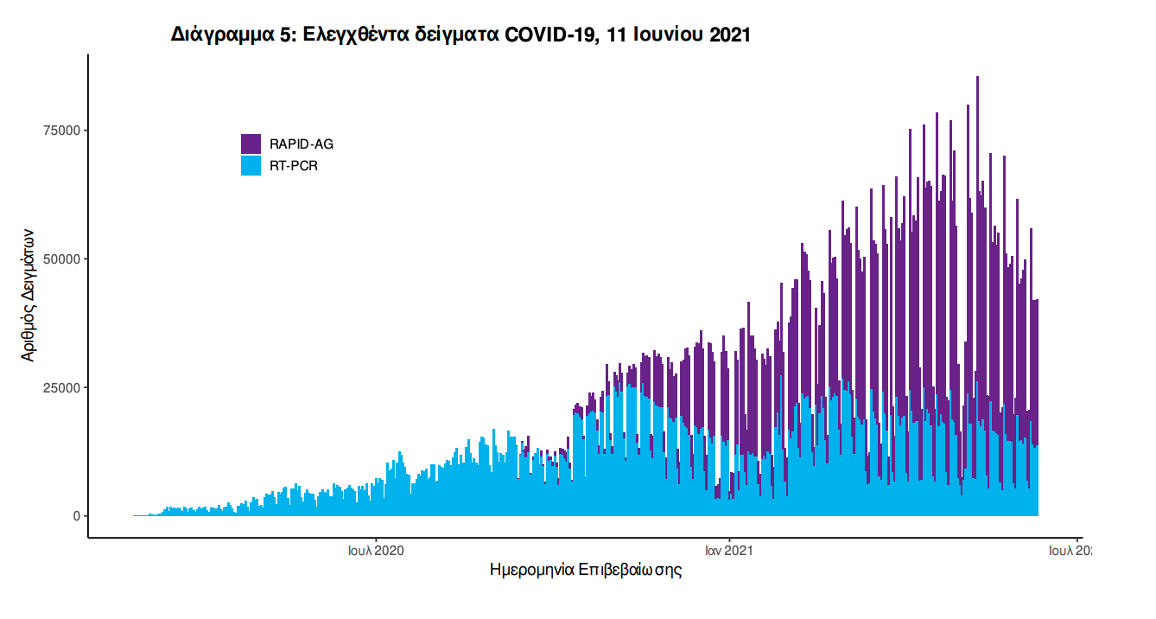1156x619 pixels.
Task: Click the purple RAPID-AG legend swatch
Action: (251, 144)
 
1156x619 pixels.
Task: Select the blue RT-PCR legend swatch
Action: (251, 165)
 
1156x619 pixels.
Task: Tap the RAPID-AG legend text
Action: (301, 144)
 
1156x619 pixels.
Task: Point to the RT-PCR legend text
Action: (294, 166)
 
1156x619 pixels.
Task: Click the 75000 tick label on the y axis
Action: (61, 131)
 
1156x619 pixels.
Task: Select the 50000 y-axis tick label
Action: (61, 259)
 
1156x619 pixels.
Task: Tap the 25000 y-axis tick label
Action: (61, 387)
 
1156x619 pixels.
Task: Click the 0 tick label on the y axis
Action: (76, 516)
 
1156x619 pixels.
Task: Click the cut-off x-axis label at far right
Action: (1070, 550)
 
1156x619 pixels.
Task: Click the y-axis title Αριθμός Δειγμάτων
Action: (29, 294)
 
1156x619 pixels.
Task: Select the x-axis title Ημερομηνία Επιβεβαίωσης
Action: (586, 571)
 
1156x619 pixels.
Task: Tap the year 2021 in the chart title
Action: (729, 35)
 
